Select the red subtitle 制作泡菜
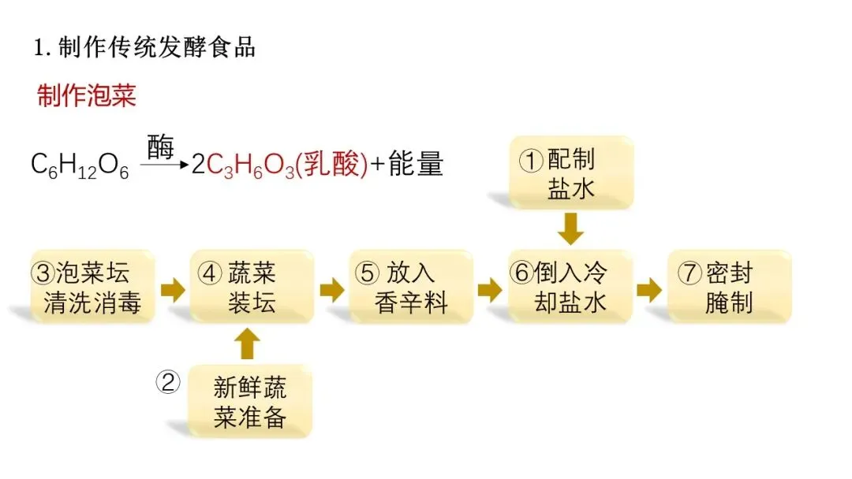87,95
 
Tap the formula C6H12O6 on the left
80,165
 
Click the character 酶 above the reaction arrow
160,147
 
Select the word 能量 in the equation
418,165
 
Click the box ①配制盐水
570,174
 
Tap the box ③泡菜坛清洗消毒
92,288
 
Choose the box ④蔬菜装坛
252,288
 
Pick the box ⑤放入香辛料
411,288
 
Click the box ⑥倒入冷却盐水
570,288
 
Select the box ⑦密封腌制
729,288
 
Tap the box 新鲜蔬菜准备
250,401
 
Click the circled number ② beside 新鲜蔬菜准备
168,383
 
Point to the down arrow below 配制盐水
570,229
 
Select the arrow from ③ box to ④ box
173,289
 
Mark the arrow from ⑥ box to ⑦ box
649,289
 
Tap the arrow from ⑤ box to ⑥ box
490,289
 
